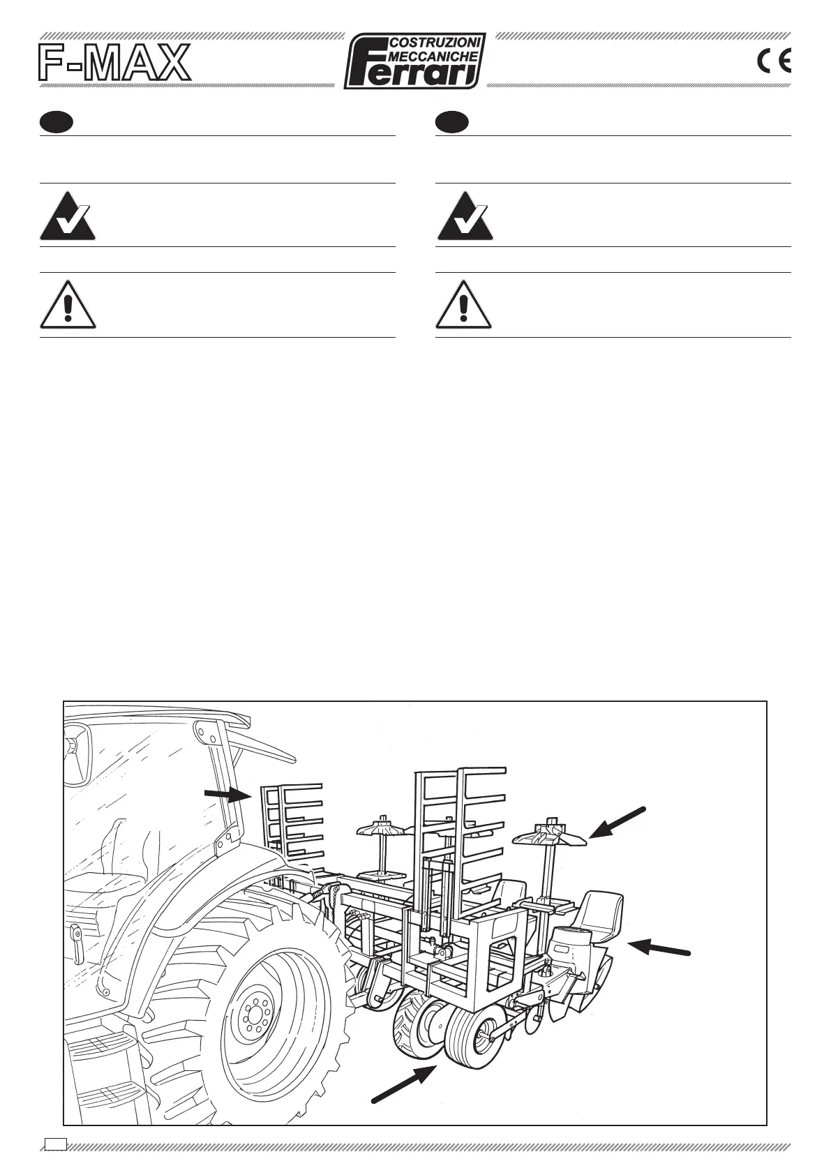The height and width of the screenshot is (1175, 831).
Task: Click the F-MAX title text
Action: (114, 63)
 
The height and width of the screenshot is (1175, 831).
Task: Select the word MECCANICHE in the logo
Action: (435, 57)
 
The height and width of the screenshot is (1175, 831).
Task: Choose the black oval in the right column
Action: (451, 122)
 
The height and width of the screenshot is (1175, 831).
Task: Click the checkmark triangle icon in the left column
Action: (68, 216)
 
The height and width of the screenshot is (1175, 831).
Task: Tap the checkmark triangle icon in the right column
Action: (464, 216)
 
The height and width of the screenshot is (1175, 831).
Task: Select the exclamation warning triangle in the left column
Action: (68, 306)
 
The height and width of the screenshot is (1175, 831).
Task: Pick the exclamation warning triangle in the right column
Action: (464, 306)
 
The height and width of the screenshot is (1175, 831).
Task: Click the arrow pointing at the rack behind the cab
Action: (227, 793)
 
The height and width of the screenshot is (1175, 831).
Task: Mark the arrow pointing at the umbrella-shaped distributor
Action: (617, 822)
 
